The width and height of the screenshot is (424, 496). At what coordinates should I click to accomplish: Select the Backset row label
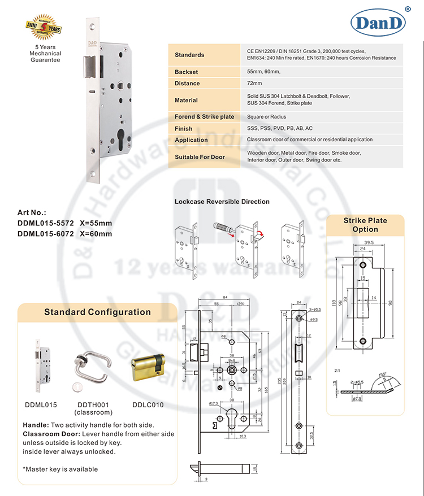pos(187,72)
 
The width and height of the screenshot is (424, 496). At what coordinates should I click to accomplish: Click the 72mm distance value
pos(254,84)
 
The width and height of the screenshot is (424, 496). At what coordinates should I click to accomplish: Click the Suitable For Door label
pos(200,156)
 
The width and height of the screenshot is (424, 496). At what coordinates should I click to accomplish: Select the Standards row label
pos(189,55)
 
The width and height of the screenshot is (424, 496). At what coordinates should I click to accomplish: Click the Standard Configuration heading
pos(98,312)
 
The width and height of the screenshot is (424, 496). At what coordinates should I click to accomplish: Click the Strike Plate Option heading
pos(365,224)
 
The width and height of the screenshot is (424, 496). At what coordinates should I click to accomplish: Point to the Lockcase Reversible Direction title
pos(222,202)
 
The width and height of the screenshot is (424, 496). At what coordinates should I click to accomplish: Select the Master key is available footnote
pos(60,469)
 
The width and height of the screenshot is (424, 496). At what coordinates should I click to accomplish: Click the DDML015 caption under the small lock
pos(40,404)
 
